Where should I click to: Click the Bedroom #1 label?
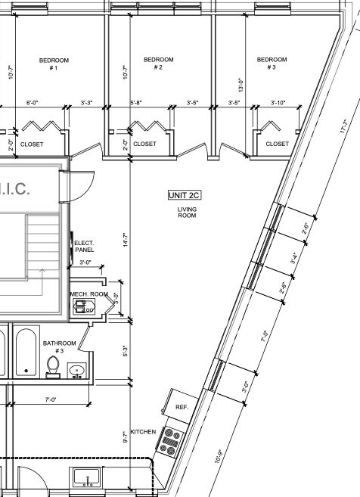click(x=54, y=64)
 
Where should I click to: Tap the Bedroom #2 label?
click(x=158, y=64)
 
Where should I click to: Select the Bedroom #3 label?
click(x=272, y=64)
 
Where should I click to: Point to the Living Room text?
click(x=187, y=213)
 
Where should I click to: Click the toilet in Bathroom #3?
click(x=53, y=365)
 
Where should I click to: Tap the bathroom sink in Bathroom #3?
click(x=76, y=370)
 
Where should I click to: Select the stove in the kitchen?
click(x=169, y=441)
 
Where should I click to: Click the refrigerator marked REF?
click(x=182, y=406)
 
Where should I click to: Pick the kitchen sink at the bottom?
click(x=88, y=479)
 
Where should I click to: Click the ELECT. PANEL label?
click(x=84, y=246)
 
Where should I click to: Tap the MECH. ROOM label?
click(x=88, y=294)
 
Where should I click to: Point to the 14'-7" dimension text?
click(x=126, y=241)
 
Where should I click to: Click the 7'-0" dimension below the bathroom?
click(x=51, y=399)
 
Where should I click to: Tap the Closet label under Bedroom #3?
click(x=277, y=144)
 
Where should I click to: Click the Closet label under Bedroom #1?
click(x=32, y=144)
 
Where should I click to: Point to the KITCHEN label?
click(x=143, y=431)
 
